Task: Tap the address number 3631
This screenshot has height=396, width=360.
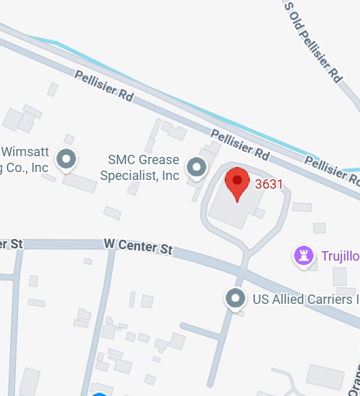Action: tap(269, 184)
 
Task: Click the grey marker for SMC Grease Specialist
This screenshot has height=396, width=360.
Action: tap(196, 168)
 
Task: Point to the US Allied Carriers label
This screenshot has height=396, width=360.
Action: tap(303, 298)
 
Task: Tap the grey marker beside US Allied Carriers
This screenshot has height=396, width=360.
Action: tap(235, 298)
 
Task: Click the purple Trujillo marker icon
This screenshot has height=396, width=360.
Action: tap(304, 255)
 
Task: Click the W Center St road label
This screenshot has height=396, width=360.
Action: tap(138, 248)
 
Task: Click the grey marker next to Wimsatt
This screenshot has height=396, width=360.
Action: tap(67, 158)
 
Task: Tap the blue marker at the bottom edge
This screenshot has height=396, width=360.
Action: tap(99, 393)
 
